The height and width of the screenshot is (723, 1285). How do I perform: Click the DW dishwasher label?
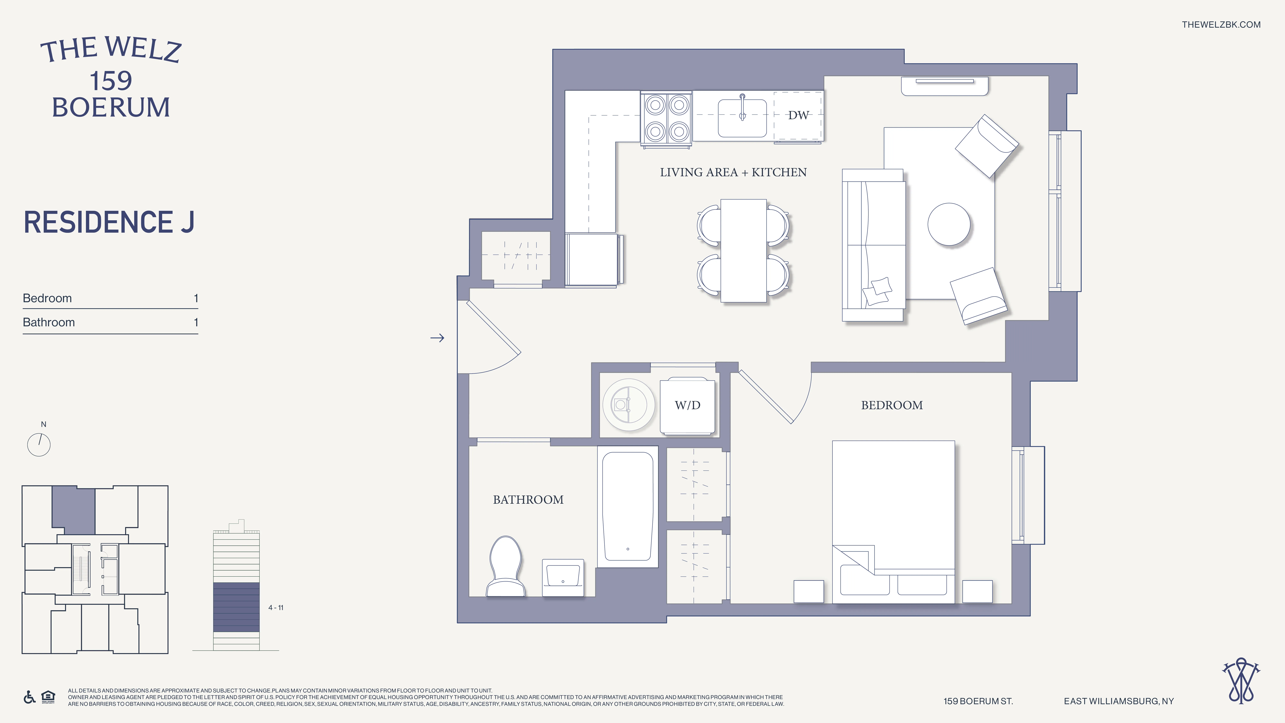[798, 115]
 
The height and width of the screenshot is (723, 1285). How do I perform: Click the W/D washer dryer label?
[687, 405]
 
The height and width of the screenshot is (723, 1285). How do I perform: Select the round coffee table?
[949, 224]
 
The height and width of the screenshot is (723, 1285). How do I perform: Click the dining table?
[743, 250]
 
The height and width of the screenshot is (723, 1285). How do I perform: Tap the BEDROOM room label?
[891, 405]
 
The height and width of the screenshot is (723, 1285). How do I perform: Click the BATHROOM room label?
[528, 500]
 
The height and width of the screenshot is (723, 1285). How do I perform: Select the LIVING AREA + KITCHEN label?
[733, 172]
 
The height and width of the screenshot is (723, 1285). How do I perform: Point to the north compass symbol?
[39, 444]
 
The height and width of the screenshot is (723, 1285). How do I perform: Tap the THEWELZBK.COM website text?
[1221, 24]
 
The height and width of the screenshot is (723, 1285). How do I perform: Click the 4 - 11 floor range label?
[275, 607]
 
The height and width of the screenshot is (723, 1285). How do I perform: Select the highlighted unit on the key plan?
[73, 509]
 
